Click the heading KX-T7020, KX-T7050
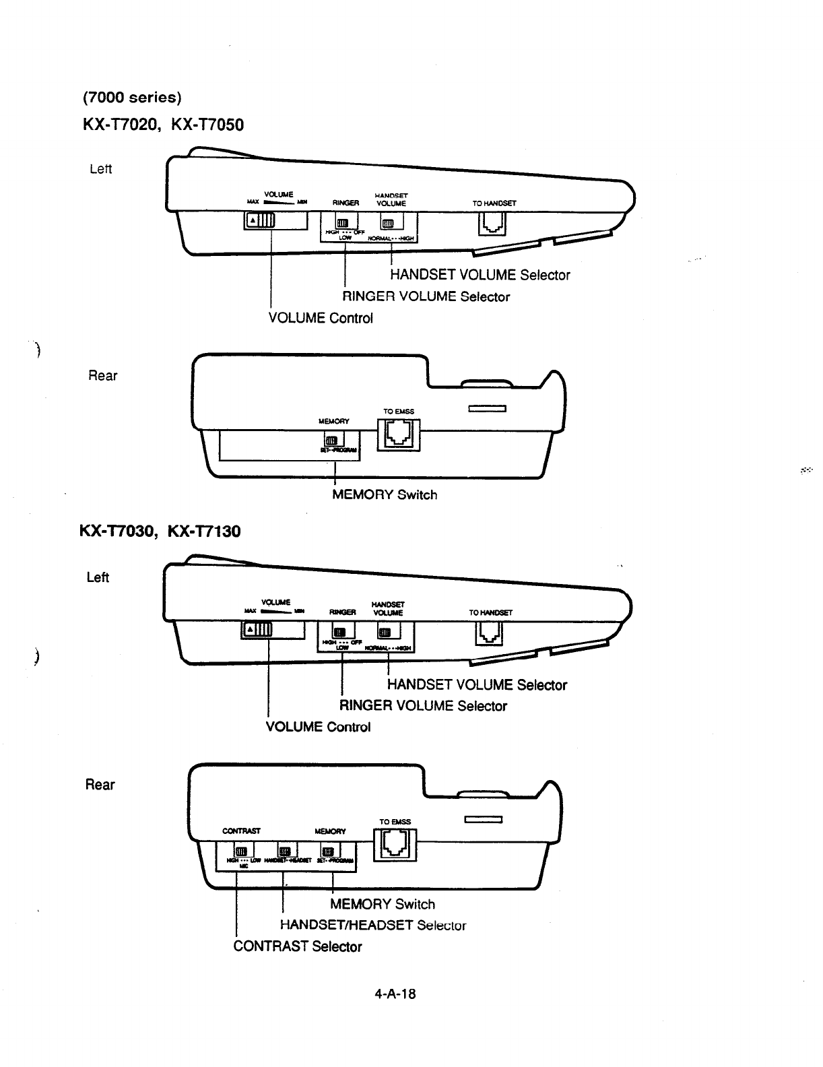click(163, 125)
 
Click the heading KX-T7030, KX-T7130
click(160, 531)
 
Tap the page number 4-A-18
click(395, 993)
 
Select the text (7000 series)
click(132, 98)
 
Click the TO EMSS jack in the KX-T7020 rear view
click(398, 434)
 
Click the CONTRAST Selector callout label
click(297, 946)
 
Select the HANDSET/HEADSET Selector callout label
click(372, 925)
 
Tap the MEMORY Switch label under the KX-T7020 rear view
click(385, 495)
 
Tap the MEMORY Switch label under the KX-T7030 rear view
click(383, 904)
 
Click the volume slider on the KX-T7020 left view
click(260, 220)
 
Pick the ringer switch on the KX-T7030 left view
click(340, 632)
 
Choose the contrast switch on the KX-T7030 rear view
click(240, 850)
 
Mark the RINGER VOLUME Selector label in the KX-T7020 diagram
click(426, 296)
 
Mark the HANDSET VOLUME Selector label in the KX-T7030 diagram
click(477, 685)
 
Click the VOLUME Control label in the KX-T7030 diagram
click(318, 727)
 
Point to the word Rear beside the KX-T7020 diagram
click(102, 376)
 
